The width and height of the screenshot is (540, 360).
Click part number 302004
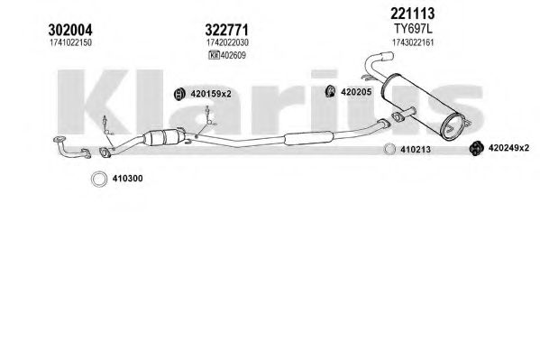pyautogui.click(x=70, y=30)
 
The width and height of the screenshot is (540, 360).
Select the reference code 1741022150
pyautogui.click(x=70, y=42)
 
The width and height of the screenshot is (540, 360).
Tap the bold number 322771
pyautogui.click(x=226, y=30)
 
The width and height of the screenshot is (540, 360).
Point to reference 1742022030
pyautogui.click(x=227, y=42)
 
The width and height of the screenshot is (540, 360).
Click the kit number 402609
pyautogui.click(x=233, y=55)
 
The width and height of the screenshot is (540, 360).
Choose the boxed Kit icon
pyautogui.click(x=214, y=55)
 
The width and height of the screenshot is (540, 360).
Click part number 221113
pyautogui.click(x=413, y=14)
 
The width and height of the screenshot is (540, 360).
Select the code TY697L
pyautogui.click(x=413, y=29)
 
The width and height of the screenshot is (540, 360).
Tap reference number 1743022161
pyautogui.click(x=413, y=42)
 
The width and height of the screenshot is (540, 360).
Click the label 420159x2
pyautogui.click(x=211, y=94)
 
